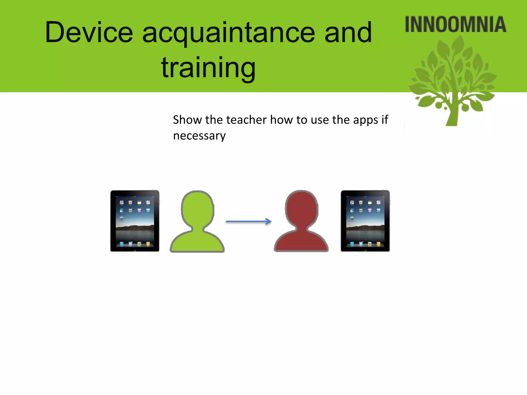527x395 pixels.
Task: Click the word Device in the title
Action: point(89,33)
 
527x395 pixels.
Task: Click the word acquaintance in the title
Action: point(229,33)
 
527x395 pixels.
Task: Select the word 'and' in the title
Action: point(348,33)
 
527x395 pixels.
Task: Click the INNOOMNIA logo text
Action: point(455,25)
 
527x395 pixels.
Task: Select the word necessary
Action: point(199,136)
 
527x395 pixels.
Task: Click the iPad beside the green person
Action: point(135,221)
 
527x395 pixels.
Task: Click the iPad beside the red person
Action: point(365,221)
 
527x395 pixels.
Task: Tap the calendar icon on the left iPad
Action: point(122,203)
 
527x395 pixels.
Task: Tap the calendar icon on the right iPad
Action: point(352,203)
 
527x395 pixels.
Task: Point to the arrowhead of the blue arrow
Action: point(269,221)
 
